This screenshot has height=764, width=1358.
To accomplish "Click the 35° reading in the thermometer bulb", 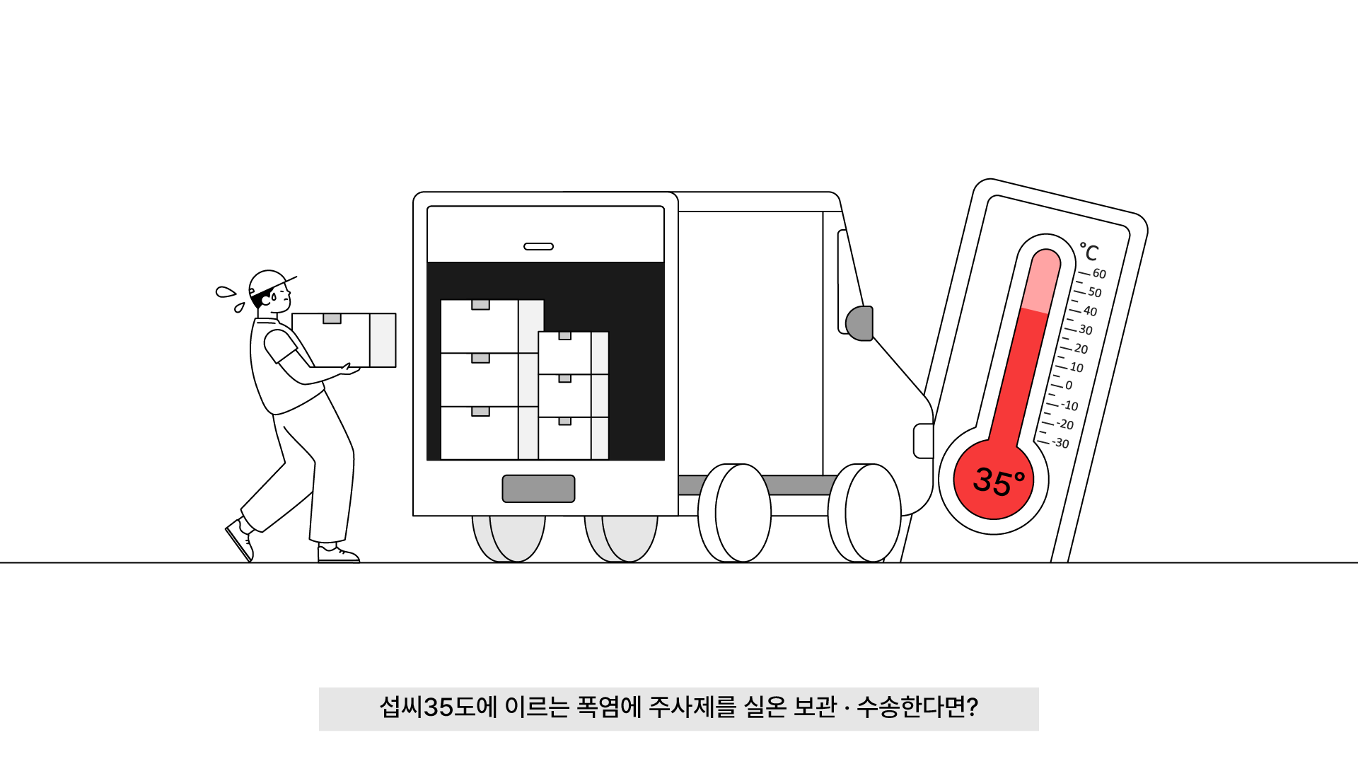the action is point(998,481).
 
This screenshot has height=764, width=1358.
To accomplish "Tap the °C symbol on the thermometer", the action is point(1089,252).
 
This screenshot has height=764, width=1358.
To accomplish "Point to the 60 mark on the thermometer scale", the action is point(1099,274).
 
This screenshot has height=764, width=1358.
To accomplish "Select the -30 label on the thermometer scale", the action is point(1060,443).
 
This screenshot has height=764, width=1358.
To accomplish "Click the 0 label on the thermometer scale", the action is point(1069,386).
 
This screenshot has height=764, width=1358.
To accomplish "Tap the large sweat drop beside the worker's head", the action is point(225,292).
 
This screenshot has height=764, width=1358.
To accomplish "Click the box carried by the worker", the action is point(344,340).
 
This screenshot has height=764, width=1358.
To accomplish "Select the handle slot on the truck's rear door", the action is point(538,246).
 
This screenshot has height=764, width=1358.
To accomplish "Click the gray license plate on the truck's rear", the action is point(538,488).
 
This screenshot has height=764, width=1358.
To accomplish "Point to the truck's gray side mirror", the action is point(860,323).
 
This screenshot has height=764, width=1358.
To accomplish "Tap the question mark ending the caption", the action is point(972,707).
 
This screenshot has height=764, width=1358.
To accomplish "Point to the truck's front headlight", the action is point(922,441).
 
